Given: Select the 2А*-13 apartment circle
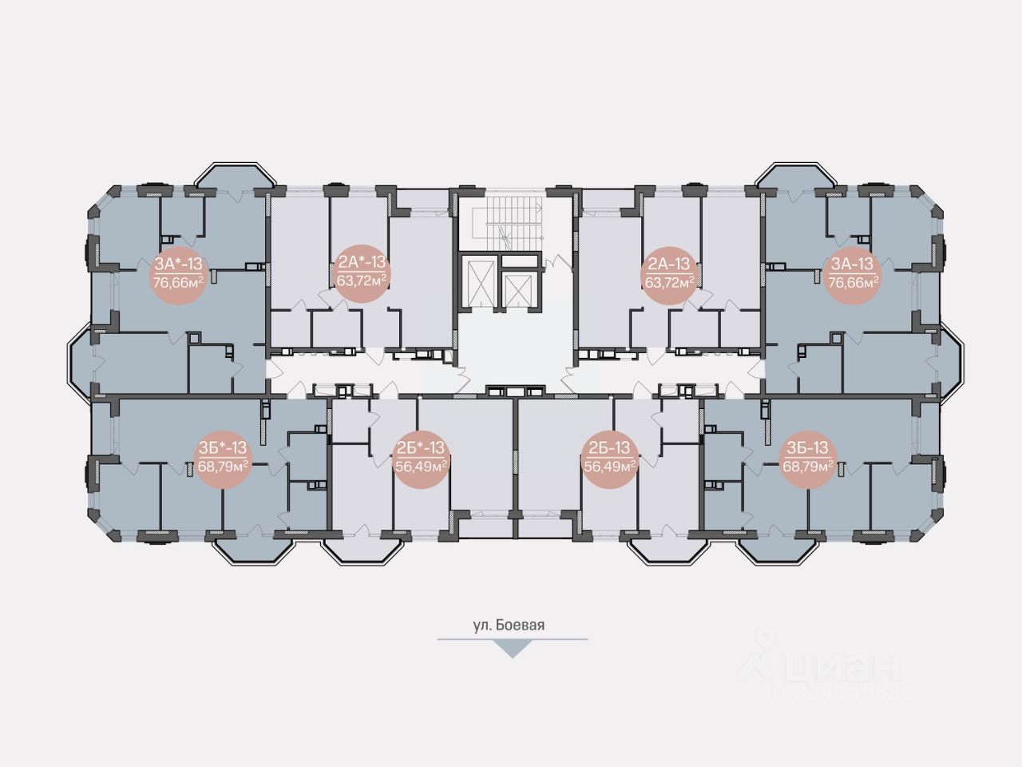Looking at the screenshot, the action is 362,273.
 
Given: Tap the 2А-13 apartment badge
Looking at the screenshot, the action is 669,273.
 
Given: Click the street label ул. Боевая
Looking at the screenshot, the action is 509,626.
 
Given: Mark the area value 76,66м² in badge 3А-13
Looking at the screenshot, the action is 853,281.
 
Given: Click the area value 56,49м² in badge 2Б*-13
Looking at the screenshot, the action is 420,465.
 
